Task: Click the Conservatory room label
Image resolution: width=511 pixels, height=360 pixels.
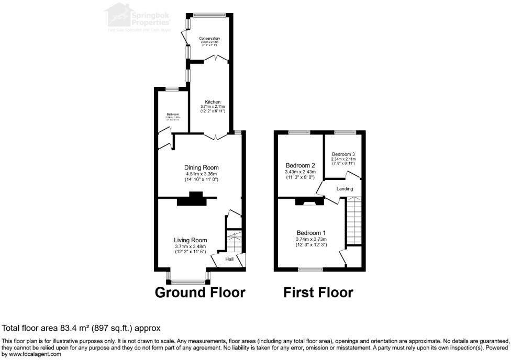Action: (x=209, y=39)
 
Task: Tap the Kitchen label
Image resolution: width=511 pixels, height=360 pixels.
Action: (x=213, y=102)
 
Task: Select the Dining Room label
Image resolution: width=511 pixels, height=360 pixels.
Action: (x=201, y=167)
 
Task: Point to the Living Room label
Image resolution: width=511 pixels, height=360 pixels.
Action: (x=191, y=240)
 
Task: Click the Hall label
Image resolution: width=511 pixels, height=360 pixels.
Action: (x=230, y=260)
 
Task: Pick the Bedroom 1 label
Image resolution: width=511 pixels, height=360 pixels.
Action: (x=311, y=233)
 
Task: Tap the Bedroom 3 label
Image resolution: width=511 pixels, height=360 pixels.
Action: (x=343, y=154)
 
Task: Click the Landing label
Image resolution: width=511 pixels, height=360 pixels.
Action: (x=345, y=189)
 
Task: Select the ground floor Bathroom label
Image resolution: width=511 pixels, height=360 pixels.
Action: (x=173, y=114)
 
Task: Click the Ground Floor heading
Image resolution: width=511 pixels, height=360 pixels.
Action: (x=200, y=292)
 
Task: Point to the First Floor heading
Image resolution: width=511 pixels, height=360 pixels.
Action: (x=318, y=292)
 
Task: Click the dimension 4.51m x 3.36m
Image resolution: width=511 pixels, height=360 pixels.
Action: (x=201, y=174)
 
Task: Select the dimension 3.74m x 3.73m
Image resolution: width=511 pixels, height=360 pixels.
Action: (x=311, y=239)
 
